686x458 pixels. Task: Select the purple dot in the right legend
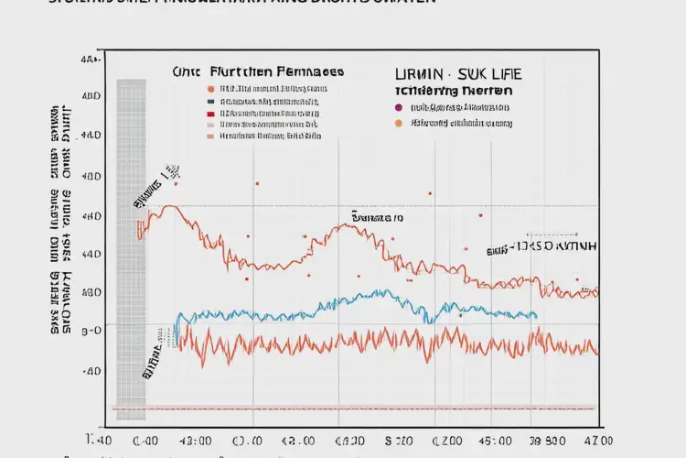[x=398, y=106]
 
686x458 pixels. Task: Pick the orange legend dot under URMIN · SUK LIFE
[x=398, y=122]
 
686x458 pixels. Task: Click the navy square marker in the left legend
[x=211, y=101]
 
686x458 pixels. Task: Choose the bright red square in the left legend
[x=211, y=112]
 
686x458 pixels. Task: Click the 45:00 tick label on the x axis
[x=476, y=440]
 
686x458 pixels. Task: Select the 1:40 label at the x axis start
[x=99, y=440]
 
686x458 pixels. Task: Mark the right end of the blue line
[x=537, y=316]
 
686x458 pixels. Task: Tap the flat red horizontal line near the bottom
[x=366, y=408]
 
